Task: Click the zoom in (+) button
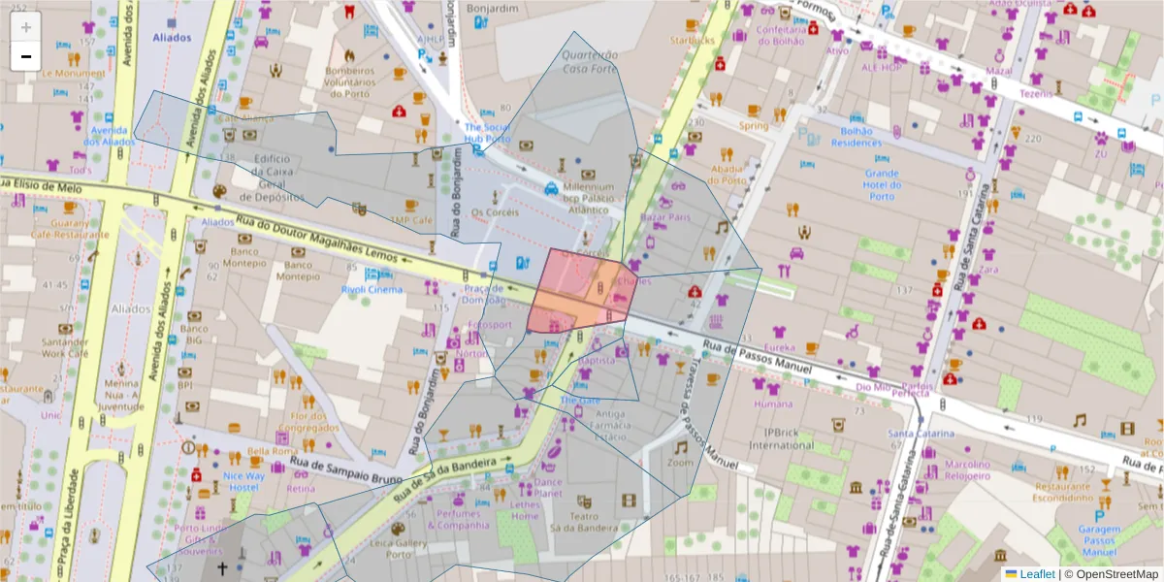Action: click(x=25, y=26)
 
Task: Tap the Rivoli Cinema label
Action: click(x=371, y=289)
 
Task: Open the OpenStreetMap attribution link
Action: click(x=1112, y=574)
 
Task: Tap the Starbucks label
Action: click(x=691, y=41)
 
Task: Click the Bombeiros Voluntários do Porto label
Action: click(x=348, y=83)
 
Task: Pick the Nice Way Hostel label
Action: click(x=242, y=482)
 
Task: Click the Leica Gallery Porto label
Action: click(x=398, y=550)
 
